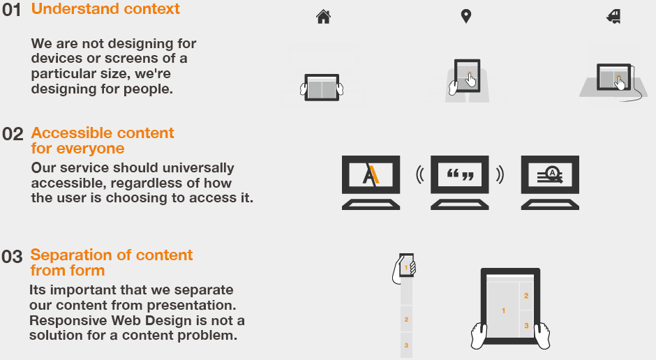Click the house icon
[x=323, y=17]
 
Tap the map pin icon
[x=465, y=16]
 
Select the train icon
[x=613, y=17]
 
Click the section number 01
[x=11, y=10]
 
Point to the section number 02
[x=13, y=134]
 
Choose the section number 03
[x=12, y=257]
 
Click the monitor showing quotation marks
[x=460, y=182]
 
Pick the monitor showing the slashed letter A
[x=371, y=182]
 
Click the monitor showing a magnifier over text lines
[x=550, y=182]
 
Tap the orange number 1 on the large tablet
[x=503, y=310]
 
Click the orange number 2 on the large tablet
[x=526, y=296]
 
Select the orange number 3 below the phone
[x=406, y=345]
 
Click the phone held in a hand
[x=407, y=265]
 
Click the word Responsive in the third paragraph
[x=68, y=321]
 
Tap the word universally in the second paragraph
[x=198, y=168]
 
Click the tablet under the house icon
[x=322, y=87]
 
